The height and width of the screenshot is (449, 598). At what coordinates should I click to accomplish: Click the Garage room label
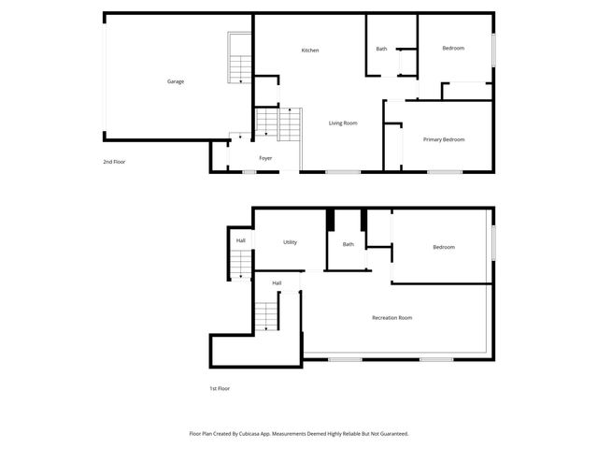click(176, 81)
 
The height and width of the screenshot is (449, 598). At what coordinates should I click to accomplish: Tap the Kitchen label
click(310, 50)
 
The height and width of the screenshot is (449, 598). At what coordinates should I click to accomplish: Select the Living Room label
click(343, 123)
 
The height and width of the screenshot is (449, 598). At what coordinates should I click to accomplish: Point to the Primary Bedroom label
click(444, 139)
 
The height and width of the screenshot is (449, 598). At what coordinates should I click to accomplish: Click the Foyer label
click(265, 158)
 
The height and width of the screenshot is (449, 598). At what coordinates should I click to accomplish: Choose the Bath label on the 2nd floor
click(381, 49)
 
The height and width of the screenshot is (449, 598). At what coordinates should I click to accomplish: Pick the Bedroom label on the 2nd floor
click(453, 48)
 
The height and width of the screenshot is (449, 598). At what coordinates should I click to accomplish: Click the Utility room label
click(291, 242)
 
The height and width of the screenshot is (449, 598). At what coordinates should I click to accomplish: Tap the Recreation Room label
click(392, 318)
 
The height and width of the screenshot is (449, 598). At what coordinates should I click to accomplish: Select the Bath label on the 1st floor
click(349, 244)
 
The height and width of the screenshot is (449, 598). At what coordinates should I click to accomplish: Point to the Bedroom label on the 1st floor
click(444, 247)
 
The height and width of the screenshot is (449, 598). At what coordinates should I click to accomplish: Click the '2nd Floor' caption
click(114, 162)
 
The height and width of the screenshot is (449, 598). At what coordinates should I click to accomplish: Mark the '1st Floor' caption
click(219, 387)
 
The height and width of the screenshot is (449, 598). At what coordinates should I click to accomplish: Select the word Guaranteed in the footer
click(391, 433)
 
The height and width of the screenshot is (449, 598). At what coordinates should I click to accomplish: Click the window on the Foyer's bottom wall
click(250, 172)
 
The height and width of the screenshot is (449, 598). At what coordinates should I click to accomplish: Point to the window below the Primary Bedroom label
click(445, 172)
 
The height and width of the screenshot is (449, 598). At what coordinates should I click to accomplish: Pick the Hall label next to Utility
click(241, 240)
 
